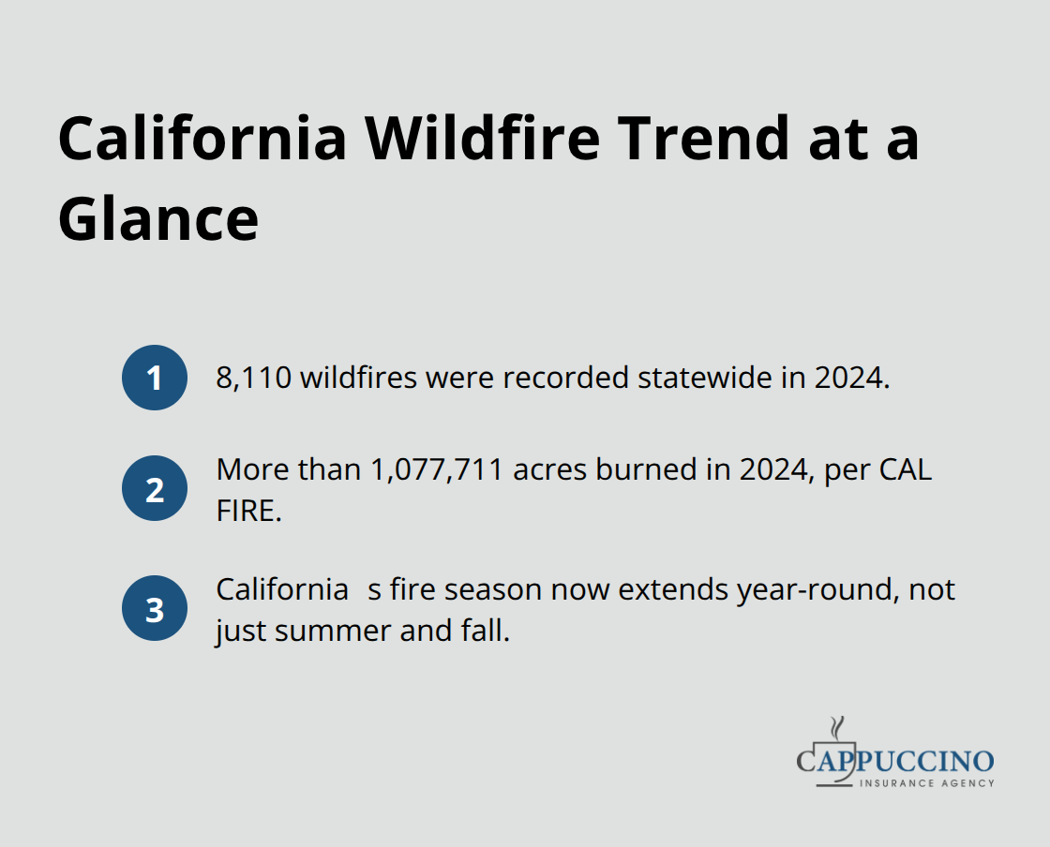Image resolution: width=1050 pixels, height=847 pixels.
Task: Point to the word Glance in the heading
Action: [157, 220]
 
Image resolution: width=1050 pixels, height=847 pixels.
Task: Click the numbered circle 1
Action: [155, 378]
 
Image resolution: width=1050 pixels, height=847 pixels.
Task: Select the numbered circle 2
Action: [155, 488]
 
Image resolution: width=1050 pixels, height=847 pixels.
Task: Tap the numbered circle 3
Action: [155, 608]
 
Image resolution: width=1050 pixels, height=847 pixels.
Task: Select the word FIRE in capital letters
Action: [248, 511]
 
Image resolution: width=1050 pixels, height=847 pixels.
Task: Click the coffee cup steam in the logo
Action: [836, 728]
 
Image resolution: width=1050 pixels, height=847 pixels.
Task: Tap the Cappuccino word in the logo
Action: [895, 761]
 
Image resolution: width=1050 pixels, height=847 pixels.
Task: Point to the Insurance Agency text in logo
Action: [927, 782]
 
